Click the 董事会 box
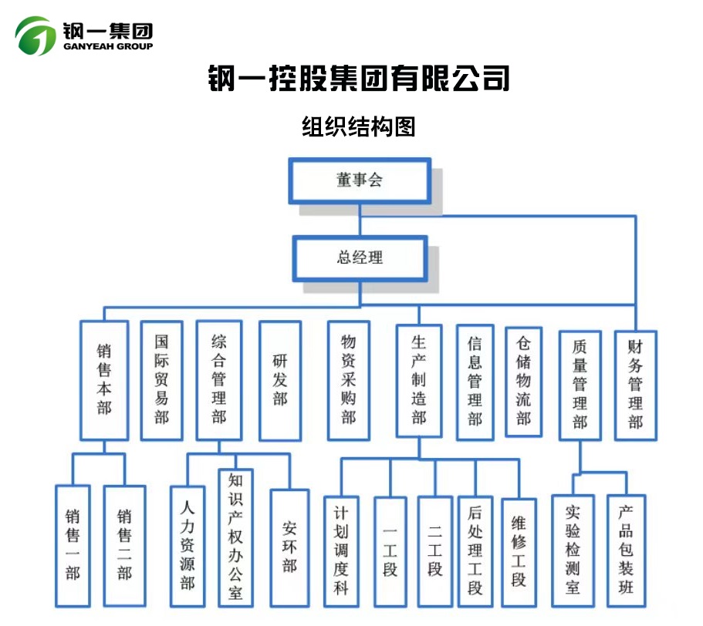[x=360, y=181]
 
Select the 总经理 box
[x=360, y=258]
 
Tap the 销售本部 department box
[x=104, y=379]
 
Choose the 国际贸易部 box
[x=161, y=379]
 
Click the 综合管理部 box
[x=219, y=379]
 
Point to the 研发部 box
[x=279, y=379]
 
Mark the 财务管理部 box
[x=635, y=384]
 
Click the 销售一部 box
[x=73, y=544]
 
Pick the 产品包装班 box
[x=626, y=549]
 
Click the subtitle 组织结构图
[x=358, y=126]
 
